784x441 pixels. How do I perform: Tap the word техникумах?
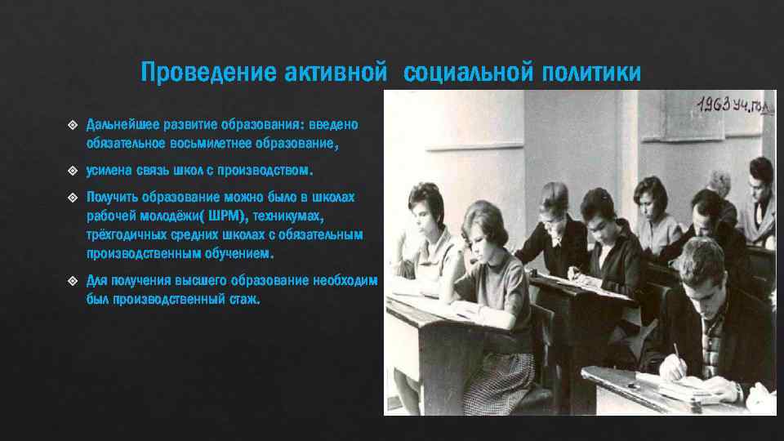(289, 216)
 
